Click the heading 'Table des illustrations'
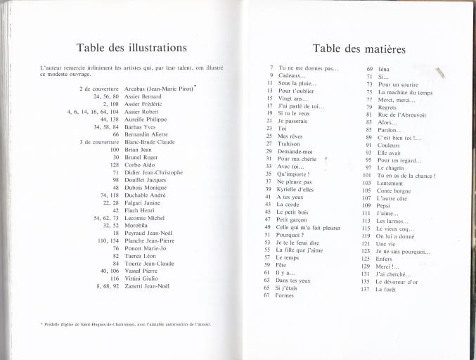pos(132,48)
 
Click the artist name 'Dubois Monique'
pos(145,188)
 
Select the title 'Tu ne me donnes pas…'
pos(308,68)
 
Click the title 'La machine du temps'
pos(405,92)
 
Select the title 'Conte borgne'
pos(394,190)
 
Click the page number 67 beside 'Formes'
pos(267,295)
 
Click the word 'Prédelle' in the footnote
pos(53,324)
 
